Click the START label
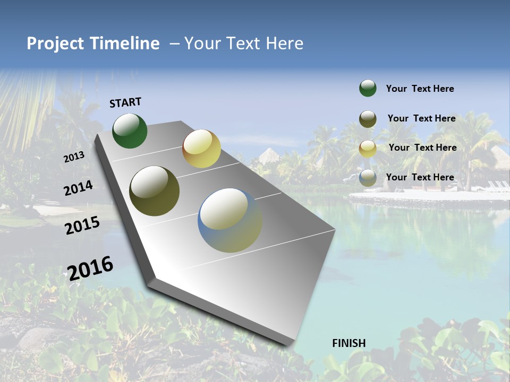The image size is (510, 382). (125, 102)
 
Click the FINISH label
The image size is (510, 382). (349, 343)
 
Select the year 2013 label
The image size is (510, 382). (74, 157)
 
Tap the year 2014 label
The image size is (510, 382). (78, 188)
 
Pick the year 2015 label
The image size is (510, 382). (82, 225)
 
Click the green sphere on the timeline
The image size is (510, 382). (130, 131)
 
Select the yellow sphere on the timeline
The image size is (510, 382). (201, 149)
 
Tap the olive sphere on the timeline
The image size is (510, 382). (154, 191)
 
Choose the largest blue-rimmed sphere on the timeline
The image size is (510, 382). (230, 220)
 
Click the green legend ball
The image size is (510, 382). (368, 88)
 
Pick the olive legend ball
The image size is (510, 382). (368, 119)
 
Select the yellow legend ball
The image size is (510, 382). (368, 149)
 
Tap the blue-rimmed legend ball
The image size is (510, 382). (368, 178)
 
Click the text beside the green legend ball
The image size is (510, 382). (420, 89)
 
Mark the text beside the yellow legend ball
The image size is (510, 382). (422, 147)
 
